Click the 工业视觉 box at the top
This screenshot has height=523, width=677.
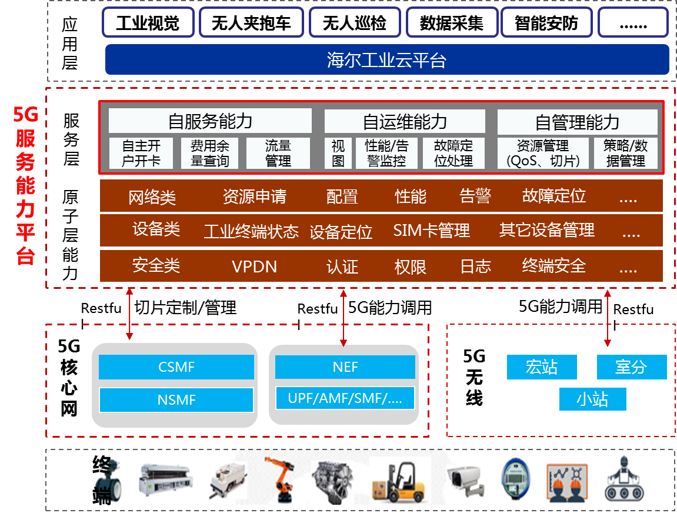point(148,23)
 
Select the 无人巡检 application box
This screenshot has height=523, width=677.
point(354,23)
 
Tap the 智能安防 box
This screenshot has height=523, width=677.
point(546,23)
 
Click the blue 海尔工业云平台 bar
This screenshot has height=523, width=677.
point(387,60)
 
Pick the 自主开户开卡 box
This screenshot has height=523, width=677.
point(141,154)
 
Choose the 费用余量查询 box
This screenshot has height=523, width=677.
point(209,154)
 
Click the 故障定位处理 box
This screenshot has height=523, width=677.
point(453,154)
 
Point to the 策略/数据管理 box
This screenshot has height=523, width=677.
point(625,154)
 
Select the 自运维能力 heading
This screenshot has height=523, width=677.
point(405,122)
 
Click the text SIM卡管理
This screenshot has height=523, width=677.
point(431,231)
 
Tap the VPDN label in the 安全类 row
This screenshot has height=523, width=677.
point(254,267)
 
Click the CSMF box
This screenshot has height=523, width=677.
point(176,368)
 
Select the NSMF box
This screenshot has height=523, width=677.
point(176,400)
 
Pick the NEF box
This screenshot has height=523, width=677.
point(345,368)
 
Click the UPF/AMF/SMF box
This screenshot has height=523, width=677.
point(345,398)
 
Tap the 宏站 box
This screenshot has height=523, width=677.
point(542,367)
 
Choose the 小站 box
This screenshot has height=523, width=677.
point(592,399)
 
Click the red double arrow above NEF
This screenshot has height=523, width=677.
point(344,317)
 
